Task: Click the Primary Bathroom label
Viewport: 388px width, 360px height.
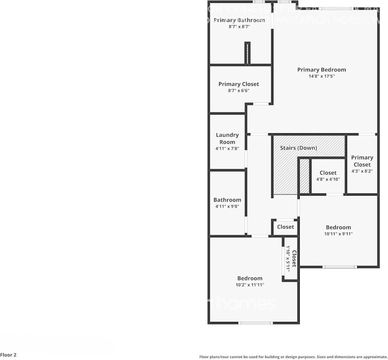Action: (239, 20)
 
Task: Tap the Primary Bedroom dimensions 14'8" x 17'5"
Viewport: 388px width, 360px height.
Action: (321, 76)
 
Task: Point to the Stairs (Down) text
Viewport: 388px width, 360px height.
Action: (298, 148)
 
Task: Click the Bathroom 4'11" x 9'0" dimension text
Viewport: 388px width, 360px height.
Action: (227, 206)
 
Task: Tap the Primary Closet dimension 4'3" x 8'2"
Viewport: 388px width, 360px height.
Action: (362, 171)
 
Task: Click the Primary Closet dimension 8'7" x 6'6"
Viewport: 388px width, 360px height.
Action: (239, 91)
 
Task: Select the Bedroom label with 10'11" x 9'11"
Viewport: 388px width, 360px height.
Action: (338, 227)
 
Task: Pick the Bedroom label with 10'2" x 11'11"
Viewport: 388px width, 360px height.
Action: (249, 278)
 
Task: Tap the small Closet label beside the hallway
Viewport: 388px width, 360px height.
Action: (286, 227)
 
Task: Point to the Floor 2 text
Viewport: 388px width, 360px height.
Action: (9, 355)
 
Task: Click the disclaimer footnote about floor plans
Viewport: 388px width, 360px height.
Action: (293, 357)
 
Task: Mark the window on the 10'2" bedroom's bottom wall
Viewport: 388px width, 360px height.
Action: (255, 323)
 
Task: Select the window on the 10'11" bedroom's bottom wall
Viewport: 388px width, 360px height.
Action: (339, 267)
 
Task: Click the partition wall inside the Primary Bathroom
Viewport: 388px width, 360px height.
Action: (247, 53)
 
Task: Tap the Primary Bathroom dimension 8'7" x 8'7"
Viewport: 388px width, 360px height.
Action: (239, 27)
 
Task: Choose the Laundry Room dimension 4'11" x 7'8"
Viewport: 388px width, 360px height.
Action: (227, 149)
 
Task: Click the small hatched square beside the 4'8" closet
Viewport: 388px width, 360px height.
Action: (304, 176)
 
